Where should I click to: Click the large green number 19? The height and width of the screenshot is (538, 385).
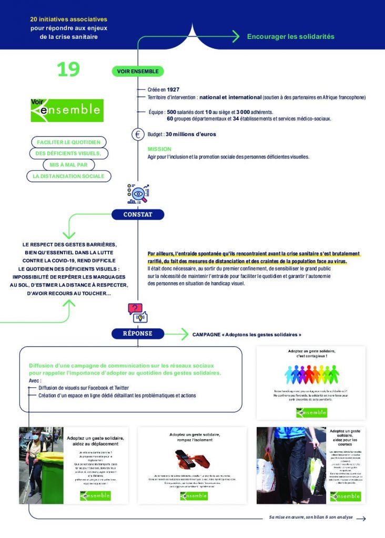[68, 70]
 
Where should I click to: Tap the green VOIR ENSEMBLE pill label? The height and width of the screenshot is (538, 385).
[138, 71]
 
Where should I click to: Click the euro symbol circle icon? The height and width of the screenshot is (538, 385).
[138, 134]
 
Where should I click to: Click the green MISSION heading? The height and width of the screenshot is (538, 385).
[159, 149]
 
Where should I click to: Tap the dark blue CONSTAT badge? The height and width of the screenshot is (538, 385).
[138, 214]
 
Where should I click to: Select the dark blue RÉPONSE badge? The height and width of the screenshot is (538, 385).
[138, 333]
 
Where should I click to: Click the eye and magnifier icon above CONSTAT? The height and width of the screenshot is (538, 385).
[138, 194]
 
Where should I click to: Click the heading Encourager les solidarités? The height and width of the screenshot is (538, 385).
[290, 37]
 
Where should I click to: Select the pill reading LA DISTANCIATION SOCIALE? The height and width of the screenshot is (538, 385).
[68, 177]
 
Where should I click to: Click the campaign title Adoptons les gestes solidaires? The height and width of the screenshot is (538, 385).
[247, 334]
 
